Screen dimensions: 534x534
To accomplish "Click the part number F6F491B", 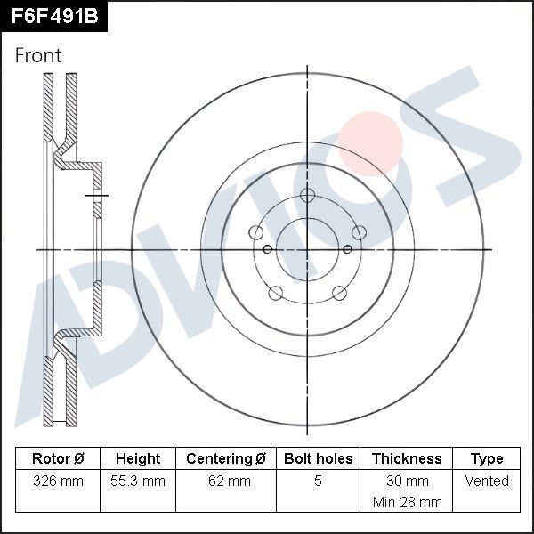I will (53, 16).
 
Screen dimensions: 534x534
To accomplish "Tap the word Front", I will (38, 55).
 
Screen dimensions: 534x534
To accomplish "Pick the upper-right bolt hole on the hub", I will (359, 232).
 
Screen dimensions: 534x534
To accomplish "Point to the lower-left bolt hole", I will (276, 292).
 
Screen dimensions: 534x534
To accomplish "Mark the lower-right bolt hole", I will (339, 292).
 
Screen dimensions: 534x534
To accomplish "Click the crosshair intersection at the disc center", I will (308, 249).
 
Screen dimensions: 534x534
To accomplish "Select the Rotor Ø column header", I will (58, 459).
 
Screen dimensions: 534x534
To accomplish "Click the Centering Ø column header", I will (226, 459).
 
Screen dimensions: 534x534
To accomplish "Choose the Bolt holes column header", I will (318, 459).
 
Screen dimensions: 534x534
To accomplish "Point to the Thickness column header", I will (407, 459).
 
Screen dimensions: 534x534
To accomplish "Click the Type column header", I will (487, 459).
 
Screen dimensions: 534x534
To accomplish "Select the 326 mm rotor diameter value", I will (58, 481).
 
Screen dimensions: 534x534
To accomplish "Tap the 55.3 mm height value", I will (138, 481).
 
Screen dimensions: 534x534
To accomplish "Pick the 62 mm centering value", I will (226, 481).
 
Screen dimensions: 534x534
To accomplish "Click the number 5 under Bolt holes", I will (318, 481).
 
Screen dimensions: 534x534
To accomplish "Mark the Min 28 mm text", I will (407, 502).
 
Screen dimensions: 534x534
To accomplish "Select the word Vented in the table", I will (487, 481).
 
